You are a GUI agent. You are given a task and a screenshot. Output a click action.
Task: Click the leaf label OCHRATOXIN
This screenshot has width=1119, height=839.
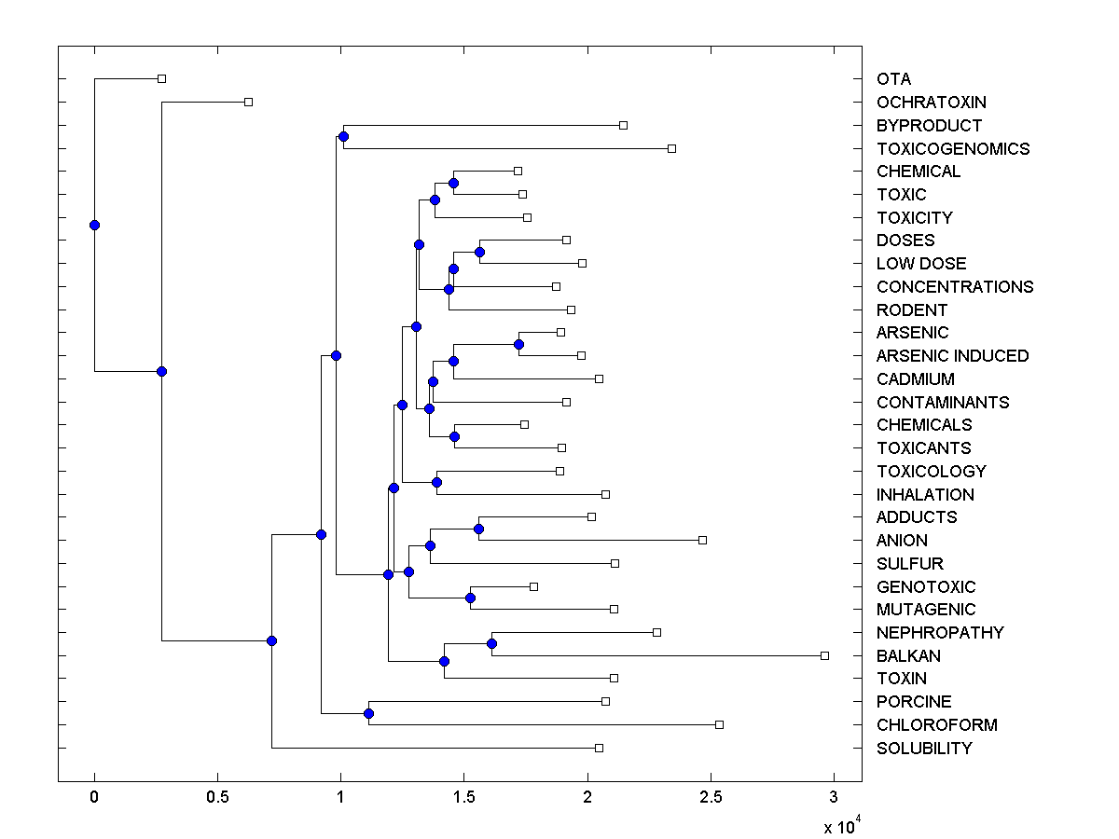931,103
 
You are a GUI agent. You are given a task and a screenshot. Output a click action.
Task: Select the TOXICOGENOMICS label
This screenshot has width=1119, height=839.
953,149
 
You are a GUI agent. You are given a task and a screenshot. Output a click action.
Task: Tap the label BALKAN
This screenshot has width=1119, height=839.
908,656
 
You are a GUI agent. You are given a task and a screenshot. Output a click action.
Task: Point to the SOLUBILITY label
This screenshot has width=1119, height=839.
924,749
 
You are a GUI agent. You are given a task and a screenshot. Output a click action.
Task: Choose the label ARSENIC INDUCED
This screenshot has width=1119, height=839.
952,356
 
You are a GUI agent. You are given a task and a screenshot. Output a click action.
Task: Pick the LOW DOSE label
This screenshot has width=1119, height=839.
921,264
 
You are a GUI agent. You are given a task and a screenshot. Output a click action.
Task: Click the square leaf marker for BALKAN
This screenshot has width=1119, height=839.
824,655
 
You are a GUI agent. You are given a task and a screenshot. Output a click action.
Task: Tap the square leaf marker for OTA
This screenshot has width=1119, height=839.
161,79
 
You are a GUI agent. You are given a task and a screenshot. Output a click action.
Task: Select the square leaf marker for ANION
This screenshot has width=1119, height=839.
703,540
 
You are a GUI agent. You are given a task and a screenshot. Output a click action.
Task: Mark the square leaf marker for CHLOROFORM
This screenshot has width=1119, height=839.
719,724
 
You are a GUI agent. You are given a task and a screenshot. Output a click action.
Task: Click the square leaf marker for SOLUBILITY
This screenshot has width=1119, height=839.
599,748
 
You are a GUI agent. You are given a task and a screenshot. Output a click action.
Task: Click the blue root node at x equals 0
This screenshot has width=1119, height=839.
94,225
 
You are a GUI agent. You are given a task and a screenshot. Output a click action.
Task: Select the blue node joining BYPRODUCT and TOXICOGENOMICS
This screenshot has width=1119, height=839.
343,137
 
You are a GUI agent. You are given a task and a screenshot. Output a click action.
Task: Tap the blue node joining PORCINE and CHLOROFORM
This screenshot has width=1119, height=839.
368,713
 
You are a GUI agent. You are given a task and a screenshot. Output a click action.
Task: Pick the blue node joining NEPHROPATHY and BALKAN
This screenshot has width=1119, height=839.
492,643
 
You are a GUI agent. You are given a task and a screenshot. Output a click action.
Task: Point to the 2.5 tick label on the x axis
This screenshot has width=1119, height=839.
711,798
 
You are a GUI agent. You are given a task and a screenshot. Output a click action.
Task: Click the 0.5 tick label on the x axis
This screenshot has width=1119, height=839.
217,798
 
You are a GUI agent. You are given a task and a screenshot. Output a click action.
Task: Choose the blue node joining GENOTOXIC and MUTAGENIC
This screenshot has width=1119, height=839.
471,598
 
